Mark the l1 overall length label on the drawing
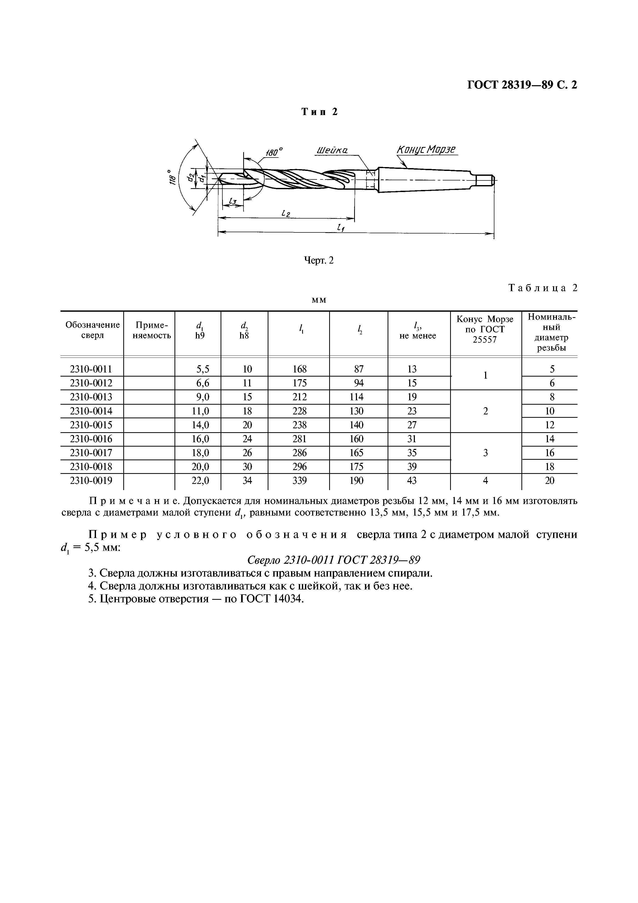(340, 227)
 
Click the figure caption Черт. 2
(319, 260)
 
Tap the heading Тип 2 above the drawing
(319, 112)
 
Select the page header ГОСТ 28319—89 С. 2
(522, 85)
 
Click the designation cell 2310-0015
(91, 425)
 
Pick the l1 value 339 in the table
(299, 480)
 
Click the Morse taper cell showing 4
(485, 480)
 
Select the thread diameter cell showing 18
(549, 466)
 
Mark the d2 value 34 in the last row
(247, 480)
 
